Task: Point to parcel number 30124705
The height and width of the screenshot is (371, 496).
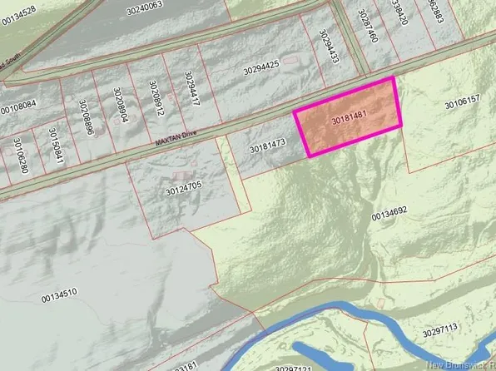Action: [184, 191]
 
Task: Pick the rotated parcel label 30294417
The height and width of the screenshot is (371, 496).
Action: [191, 92]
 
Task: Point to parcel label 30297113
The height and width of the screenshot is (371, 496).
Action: [441, 333]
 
